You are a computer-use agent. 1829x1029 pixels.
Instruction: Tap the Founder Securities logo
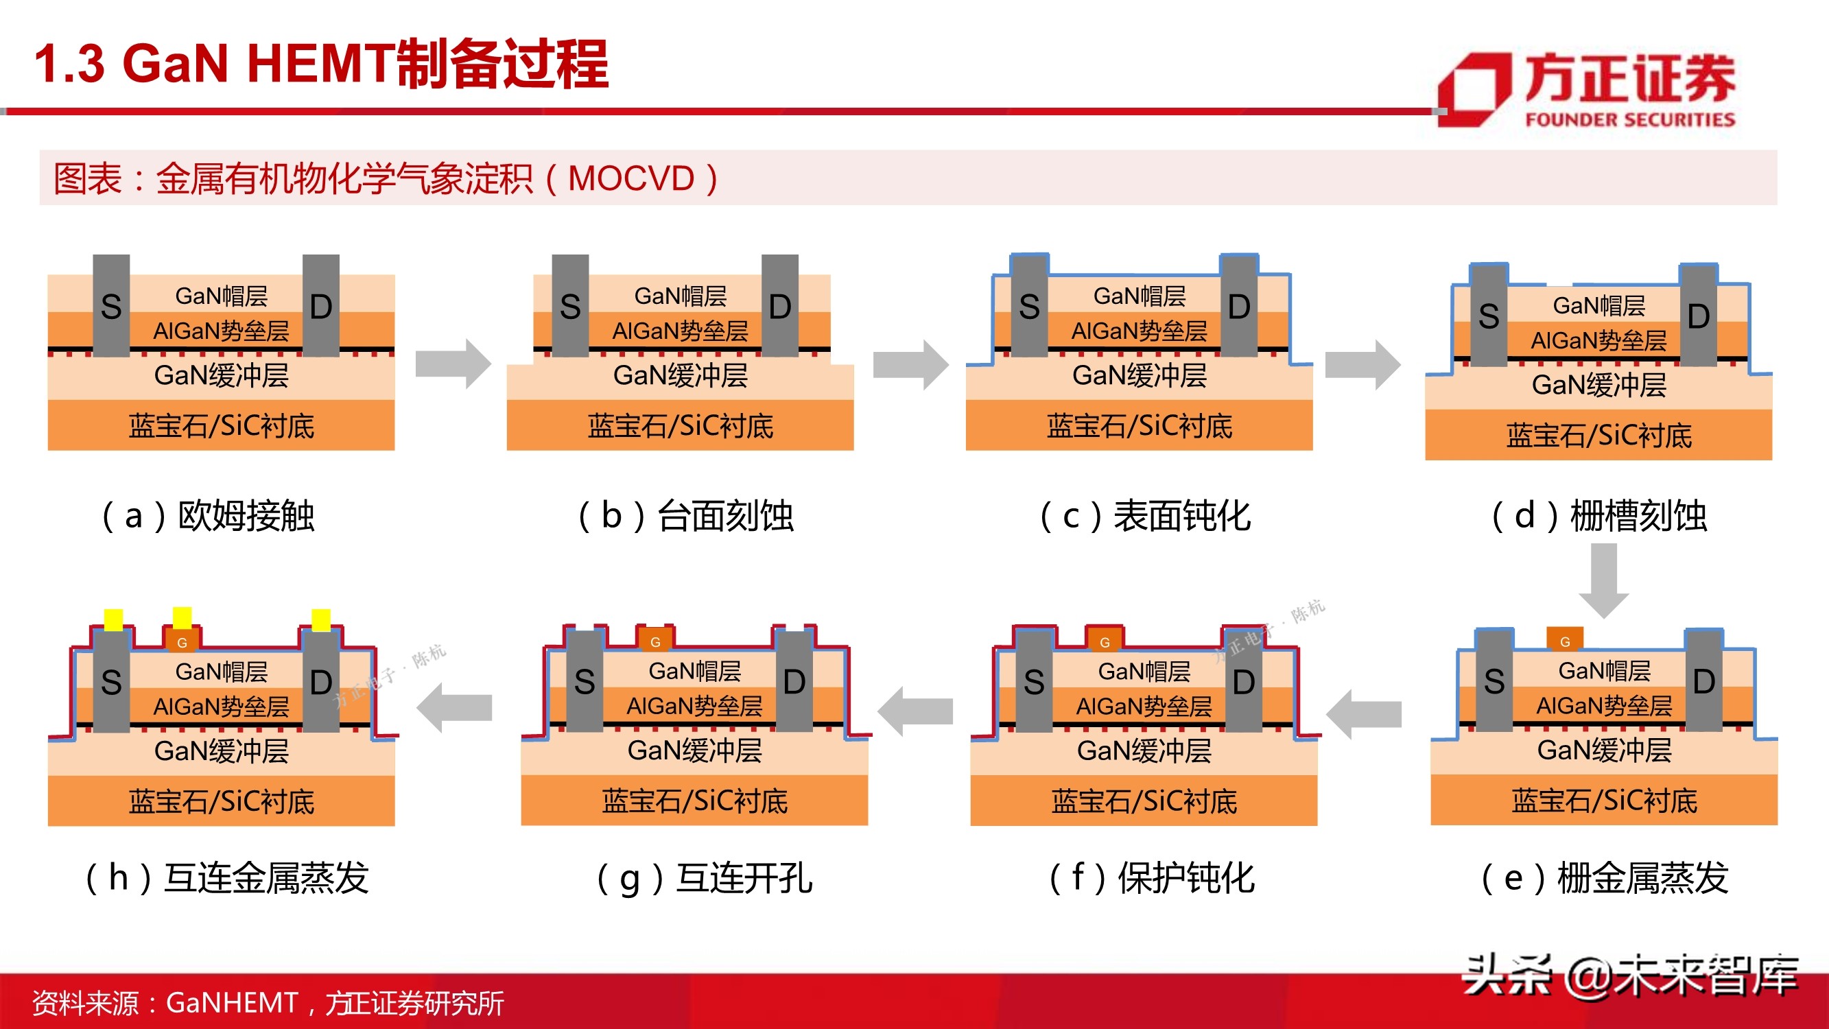[1587, 89]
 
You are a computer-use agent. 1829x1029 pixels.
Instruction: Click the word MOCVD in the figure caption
[630, 178]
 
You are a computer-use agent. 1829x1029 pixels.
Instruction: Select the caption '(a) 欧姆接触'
[207, 516]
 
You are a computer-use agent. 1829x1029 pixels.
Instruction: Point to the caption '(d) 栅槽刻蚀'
[1598, 516]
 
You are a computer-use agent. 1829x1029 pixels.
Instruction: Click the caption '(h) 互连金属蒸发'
[226, 878]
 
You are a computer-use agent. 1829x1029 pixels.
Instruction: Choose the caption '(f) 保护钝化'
[1152, 878]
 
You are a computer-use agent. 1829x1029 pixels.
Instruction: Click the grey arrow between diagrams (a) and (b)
[453, 364]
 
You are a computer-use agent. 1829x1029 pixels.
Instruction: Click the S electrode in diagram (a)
[111, 306]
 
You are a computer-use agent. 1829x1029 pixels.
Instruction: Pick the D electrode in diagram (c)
[1239, 306]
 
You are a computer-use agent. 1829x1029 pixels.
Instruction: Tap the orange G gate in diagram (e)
[1565, 639]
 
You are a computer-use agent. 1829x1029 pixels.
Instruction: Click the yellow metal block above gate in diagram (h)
[182, 617]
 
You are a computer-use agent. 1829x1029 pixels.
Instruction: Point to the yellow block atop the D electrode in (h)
[321, 619]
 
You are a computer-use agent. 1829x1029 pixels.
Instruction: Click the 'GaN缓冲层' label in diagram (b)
[680, 375]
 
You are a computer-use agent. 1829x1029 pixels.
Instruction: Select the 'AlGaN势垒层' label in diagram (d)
[1598, 340]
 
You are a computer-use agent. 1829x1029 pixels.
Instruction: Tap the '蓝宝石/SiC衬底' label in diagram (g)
[694, 801]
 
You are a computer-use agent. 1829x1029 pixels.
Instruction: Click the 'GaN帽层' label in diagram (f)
[1144, 671]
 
